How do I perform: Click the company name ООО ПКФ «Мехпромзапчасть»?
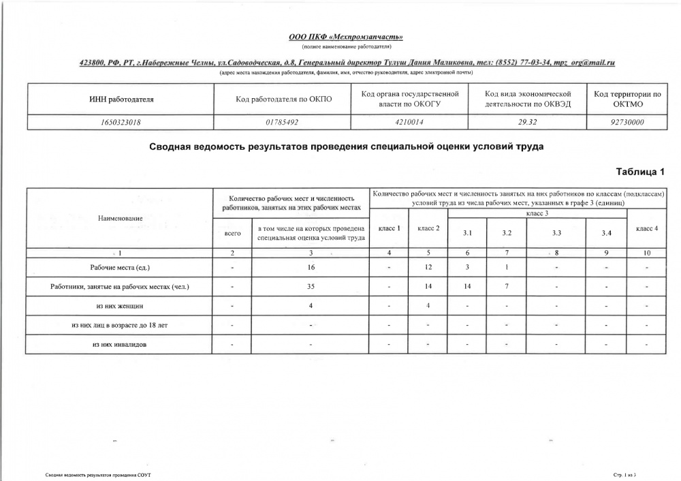click(x=347, y=36)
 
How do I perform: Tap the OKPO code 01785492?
click(x=283, y=122)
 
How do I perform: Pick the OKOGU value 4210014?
click(x=409, y=122)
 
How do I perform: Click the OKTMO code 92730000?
click(x=629, y=122)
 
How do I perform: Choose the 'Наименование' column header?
click(x=121, y=218)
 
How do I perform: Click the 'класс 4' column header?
click(x=646, y=228)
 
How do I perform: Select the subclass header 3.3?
click(x=556, y=233)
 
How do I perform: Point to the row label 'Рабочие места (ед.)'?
click(x=120, y=267)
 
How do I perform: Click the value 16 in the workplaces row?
click(x=311, y=267)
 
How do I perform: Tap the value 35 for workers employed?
click(x=311, y=287)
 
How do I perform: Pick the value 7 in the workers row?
click(x=507, y=287)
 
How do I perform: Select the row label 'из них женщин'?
click(x=120, y=307)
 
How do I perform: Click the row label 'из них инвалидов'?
click(x=120, y=345)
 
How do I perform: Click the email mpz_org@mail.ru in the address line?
click(x=584, y=63)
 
